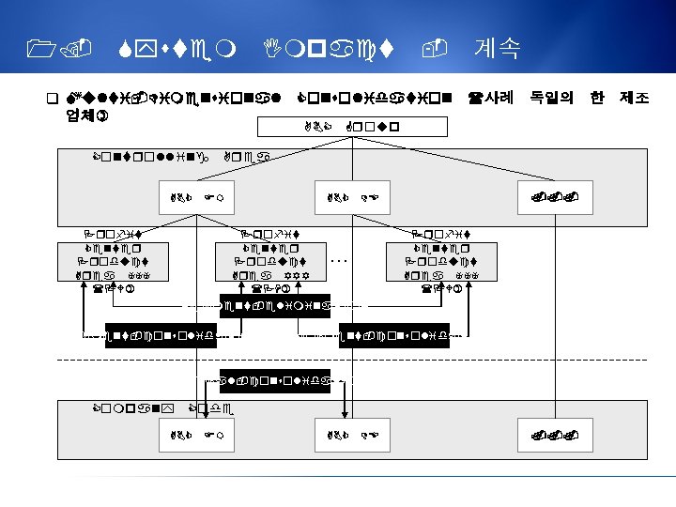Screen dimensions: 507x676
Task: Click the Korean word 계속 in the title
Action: pyautogui.click(x=499, y=48)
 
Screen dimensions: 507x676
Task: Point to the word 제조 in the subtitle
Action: pyautogui.click(x=635, y=97)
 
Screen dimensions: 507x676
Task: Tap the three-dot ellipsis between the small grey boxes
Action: pyautogui.click(x=342, y=259)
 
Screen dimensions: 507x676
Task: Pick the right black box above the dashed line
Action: pyautogui.click(x=395, y=333)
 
